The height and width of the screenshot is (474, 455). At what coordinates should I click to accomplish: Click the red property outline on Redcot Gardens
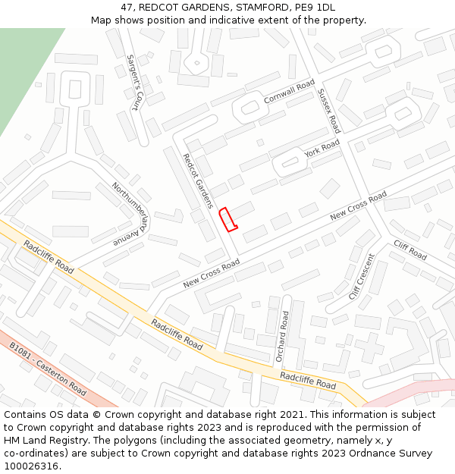(228, 219)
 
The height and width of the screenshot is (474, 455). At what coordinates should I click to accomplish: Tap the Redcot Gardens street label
(199, 180)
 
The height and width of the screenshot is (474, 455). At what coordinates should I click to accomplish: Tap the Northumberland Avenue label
(129, 214)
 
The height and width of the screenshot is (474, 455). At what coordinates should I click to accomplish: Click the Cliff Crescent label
(362, 276)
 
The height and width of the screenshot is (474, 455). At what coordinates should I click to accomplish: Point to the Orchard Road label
(282, 334)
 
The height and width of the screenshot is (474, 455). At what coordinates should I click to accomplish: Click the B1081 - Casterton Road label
(48, 368)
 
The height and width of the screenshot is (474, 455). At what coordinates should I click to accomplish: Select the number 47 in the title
(127, 7)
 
